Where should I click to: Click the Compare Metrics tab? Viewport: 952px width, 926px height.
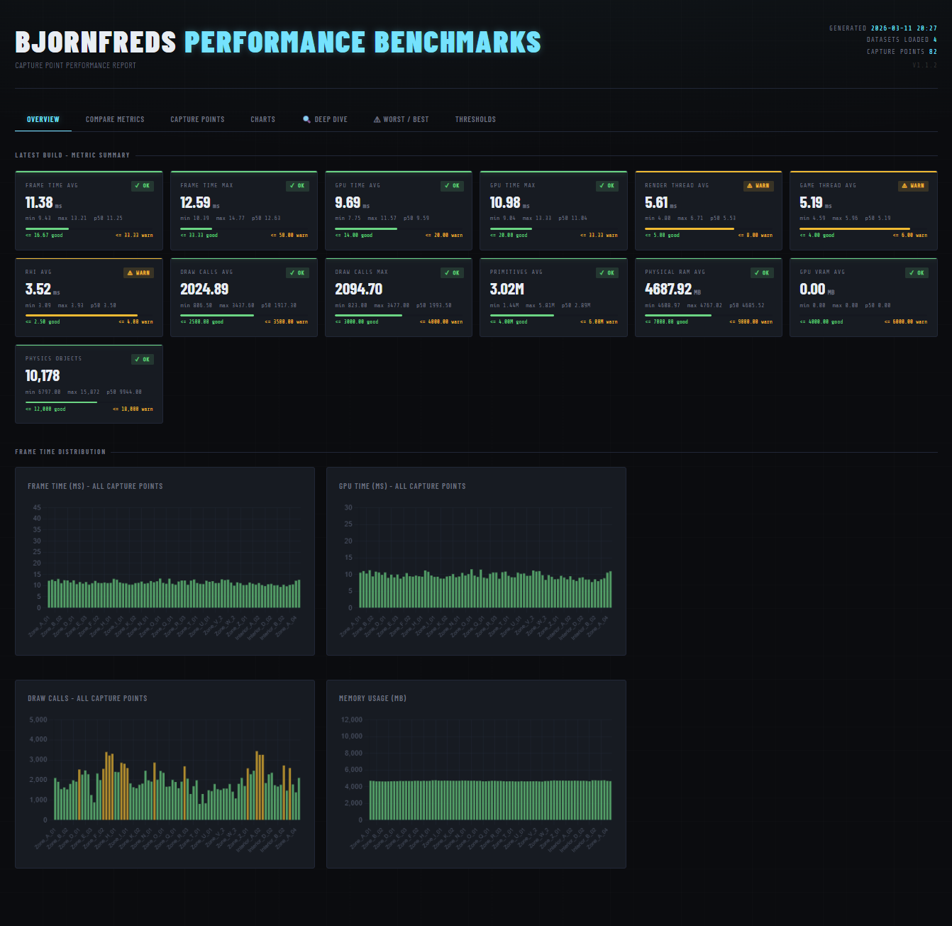pyautogui.click(x=115, y=119)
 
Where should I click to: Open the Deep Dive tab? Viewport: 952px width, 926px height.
pyautogui.click(x=326, y=119)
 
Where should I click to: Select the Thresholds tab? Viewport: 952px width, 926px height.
pyautogui.click(x=475, y=119)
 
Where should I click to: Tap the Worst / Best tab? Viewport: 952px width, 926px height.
pyautogui.click(x=402, y=119)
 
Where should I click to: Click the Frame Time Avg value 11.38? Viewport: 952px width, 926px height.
pyautogui.click(x=39, y=203)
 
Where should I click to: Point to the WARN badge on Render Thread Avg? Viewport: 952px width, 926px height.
pyautogui.click(x=758, y=186)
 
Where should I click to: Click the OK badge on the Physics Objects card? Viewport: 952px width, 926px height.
pyautogui.click(x=143, y=360)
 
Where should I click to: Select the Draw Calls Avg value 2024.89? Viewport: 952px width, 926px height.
pyautogui.click(x=204, y=290)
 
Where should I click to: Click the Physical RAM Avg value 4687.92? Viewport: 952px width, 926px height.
pyautogui.click(x=668, y=290)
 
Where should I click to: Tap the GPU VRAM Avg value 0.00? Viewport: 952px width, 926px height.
pyautogui.click(x=812, y=290)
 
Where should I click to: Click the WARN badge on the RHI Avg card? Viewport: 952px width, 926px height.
pyautogui.click(x=138, y=273)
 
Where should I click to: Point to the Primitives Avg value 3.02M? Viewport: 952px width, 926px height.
pyautogui.click(x=507, y=290)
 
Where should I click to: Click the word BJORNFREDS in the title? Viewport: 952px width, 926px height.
pyautogui.click(x=95, y=43)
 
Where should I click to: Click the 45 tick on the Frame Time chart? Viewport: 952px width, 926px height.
pyautogui.click(x=37, y=507)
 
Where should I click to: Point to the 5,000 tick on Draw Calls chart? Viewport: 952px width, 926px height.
pyautogui.click(x=38, y=720)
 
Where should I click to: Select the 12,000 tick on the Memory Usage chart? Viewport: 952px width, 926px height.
pyautogui.click(x=351, y=720)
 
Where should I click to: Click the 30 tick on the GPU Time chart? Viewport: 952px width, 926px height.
pyautogui.click(x=348, y=507)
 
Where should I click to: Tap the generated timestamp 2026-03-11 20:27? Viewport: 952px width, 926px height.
pyautogui.click(x=904, y=28)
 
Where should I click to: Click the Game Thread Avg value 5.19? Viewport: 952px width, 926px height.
pyautogui.click(x=811, y=203)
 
